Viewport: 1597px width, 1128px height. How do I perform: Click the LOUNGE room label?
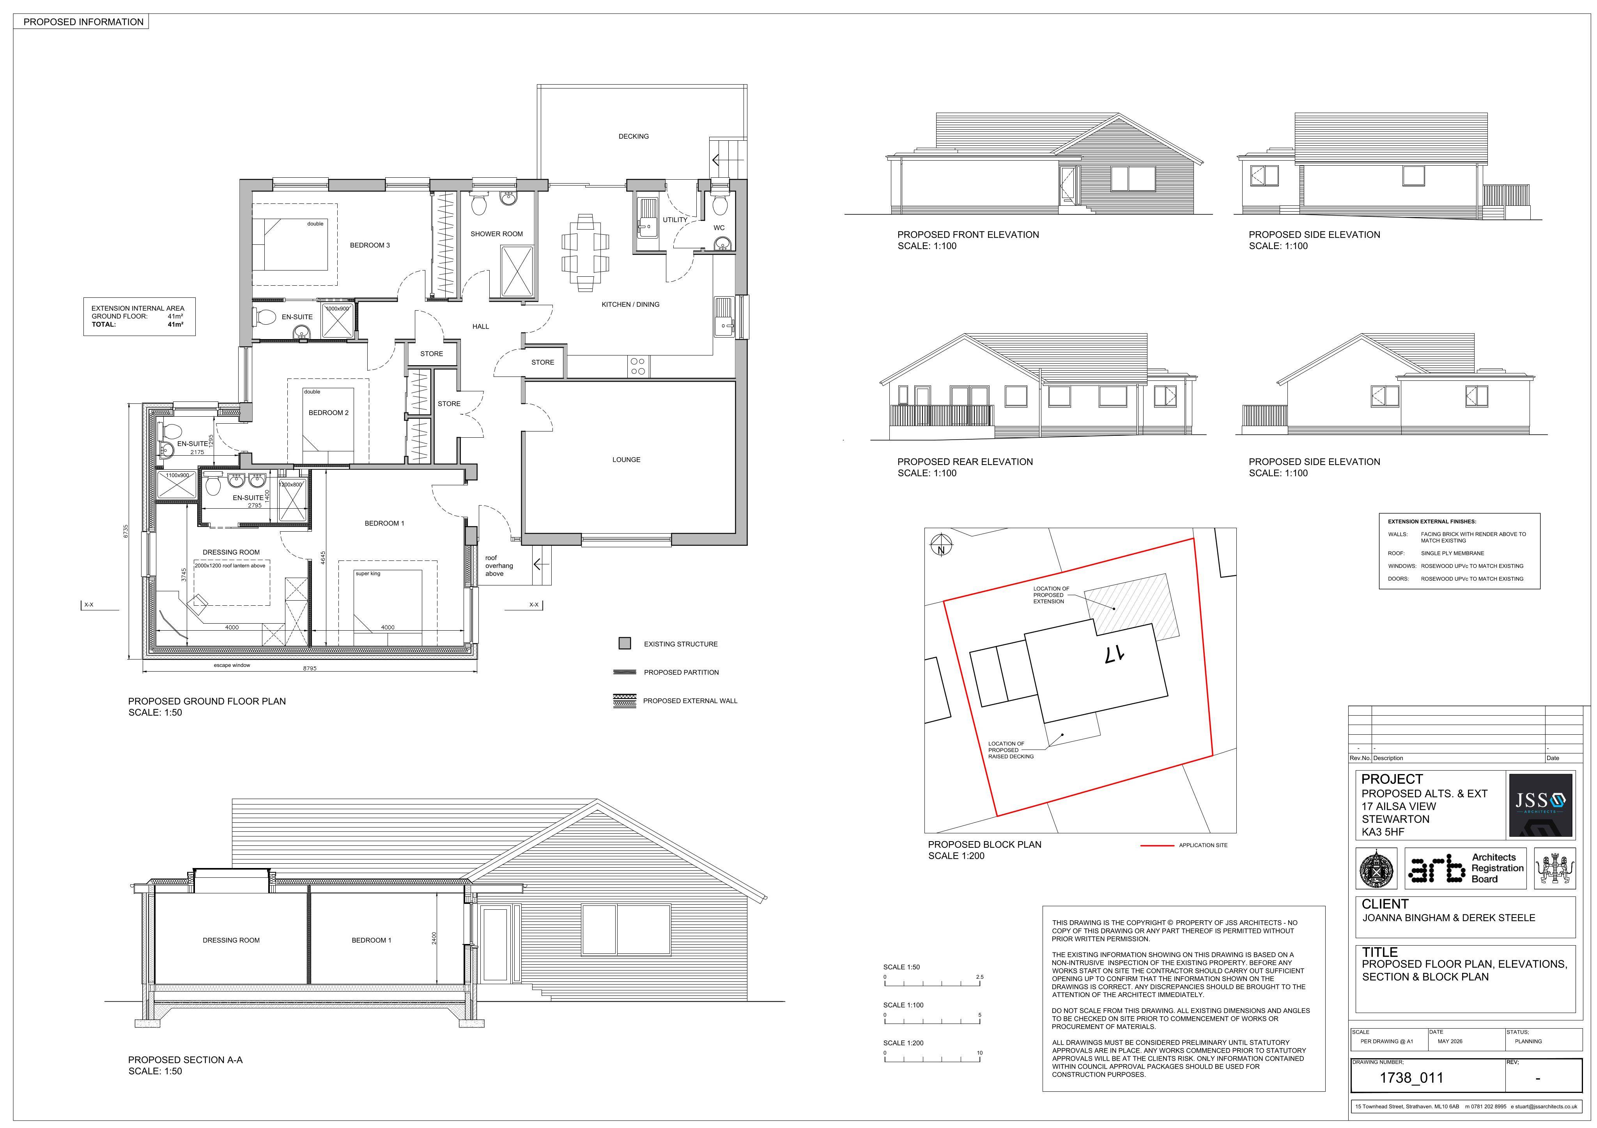[x=626, y=460]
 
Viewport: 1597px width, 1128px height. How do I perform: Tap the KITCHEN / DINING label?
[x=630, y=304]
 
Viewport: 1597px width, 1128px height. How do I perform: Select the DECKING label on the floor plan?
[x=634, y=136]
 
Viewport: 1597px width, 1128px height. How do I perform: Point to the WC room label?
[x=719, y=228]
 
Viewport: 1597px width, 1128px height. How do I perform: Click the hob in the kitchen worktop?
[x=638, y=366]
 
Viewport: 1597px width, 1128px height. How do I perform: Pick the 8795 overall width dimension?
[x=310, y=668]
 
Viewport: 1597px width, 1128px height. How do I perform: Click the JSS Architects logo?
[x=1540, y=804]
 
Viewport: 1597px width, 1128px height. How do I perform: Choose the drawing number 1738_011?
[x=1411, y=1078]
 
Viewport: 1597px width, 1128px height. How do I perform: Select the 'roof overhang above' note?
[x=499, y=566]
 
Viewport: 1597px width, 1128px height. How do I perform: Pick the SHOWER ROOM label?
[x=497, y=233]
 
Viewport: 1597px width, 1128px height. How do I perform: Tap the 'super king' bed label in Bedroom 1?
[x=368, y=574]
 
